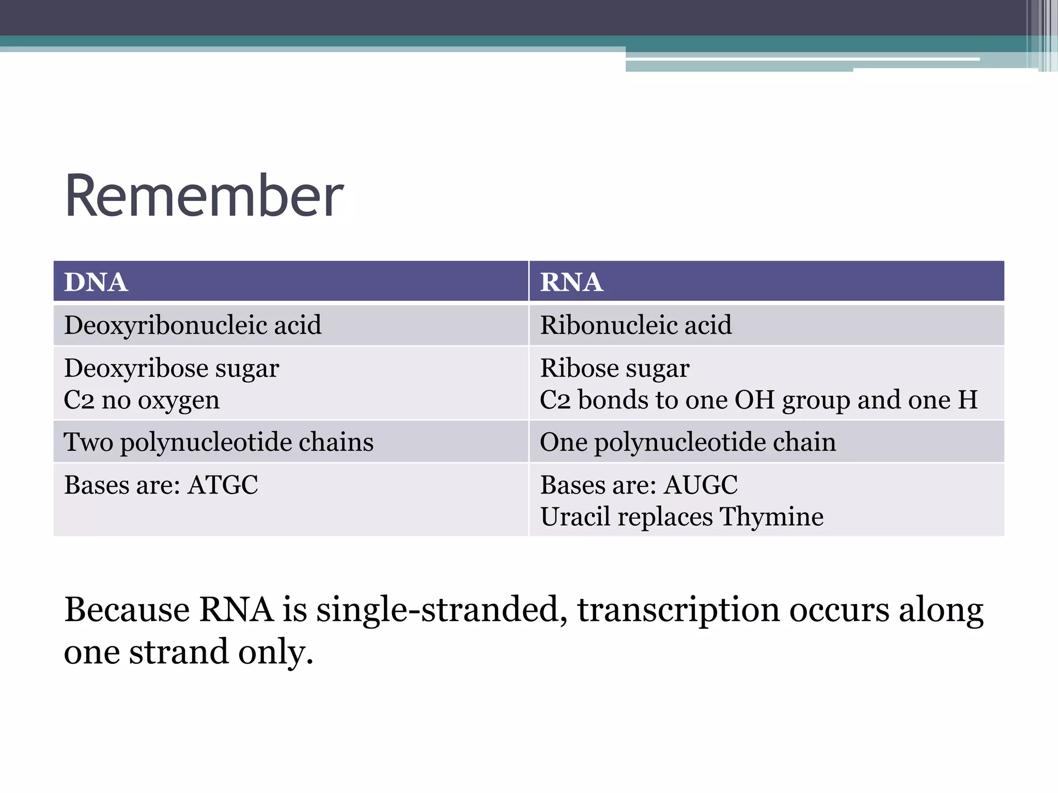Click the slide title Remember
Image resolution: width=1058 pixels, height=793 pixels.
(204, 196)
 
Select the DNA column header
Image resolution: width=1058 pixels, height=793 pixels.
(96, 282)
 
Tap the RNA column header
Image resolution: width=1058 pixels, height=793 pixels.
(571, 282)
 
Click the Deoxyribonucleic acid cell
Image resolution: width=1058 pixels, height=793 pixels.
(193, 325)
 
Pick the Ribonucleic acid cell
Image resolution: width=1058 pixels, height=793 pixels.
(636, 325)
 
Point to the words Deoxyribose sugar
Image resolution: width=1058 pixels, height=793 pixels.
(172, 369)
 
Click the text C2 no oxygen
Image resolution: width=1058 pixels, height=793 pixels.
(142, 400)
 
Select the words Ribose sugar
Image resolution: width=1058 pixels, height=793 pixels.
(615, 369)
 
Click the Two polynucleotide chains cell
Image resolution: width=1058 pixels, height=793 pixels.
(219, 442)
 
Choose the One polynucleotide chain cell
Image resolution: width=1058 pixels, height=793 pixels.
(688, 442)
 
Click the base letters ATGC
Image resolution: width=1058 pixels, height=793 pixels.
(223, 485)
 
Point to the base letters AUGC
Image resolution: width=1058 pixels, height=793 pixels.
(701, 485)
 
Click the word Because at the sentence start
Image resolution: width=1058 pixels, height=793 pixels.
(127, 610)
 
